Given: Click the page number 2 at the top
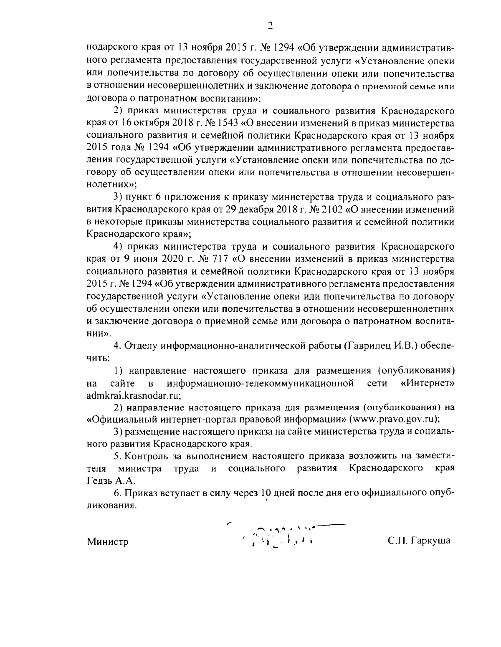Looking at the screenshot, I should tap(269, 26).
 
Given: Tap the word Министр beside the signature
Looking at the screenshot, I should tap(107, 542).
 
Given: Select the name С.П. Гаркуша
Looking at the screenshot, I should tap(419, 541).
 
